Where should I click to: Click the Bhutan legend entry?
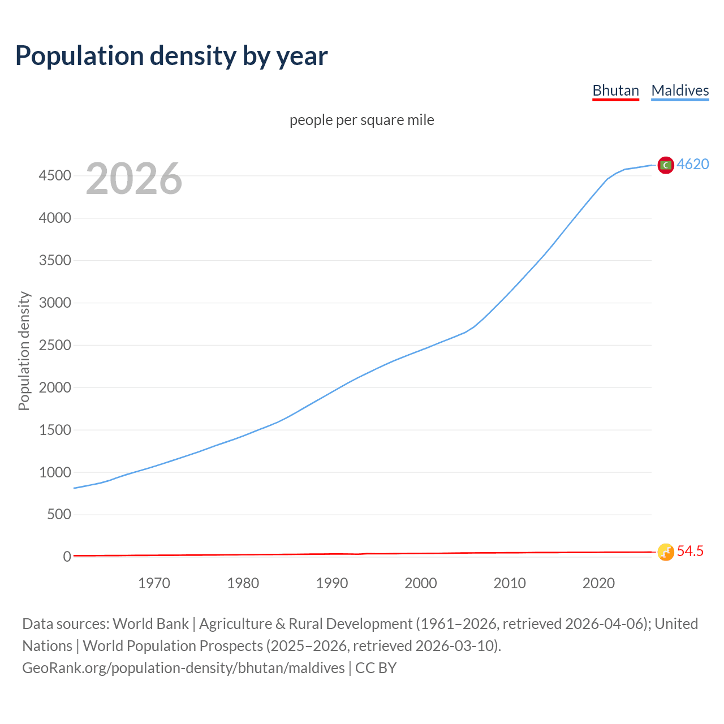(x=615, y=90)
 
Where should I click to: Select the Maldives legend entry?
(x=680, y=90)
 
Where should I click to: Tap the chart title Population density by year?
(x=171, y=56)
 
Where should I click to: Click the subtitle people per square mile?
(x=361, y=120)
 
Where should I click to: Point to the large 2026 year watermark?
(x=134, y=179)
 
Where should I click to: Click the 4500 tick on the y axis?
(x=55, y=176)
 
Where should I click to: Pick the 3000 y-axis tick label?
(x=55, y=303)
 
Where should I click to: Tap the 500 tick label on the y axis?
(x=59, y=514)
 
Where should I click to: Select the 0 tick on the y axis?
(x=67, y=557)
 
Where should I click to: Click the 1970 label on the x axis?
(x=154, y=583)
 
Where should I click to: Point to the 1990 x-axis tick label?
(x=332, y=583)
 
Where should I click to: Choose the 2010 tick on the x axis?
(x=510, y=583)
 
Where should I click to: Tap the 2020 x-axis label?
(x=598, y=583)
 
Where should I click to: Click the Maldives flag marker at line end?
(x=666, y=165)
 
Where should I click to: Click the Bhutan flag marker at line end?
(x=666, y=552)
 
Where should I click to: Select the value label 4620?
(x=693, y=164)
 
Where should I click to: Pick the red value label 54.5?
(x=690, y=551)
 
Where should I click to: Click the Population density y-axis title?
(x=24, y=351)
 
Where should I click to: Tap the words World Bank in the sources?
(x=150, y=623)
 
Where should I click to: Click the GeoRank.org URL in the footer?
(x=183, y=667)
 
